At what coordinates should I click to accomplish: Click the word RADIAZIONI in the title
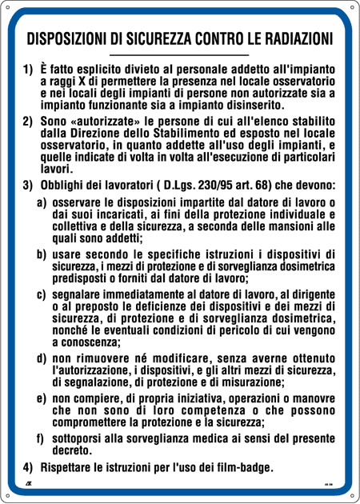tap(293, 38)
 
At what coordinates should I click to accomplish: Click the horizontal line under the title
tap(179, 54)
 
